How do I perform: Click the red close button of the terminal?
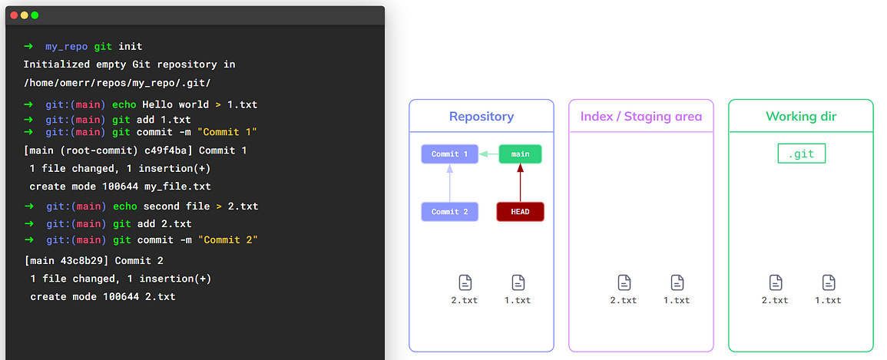[x=14, y=15]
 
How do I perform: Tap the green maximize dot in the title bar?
[x=35, y=15]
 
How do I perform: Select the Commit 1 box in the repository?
[x=449, y=154]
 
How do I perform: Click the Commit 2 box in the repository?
[x=449, y=212]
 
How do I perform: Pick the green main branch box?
[x=520, y=154]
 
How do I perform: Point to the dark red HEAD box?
[x=520, y=212]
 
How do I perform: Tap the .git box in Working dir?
[x=801, y=154]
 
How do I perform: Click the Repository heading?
[x=482, y=117]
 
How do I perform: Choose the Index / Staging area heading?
[x=641, y=117]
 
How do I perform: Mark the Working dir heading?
[x=801, y=117]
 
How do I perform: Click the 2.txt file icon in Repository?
[x=465, y=282]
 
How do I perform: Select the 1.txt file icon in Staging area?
[x=677, y=282]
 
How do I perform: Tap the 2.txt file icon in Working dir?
[x=775, y=282]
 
